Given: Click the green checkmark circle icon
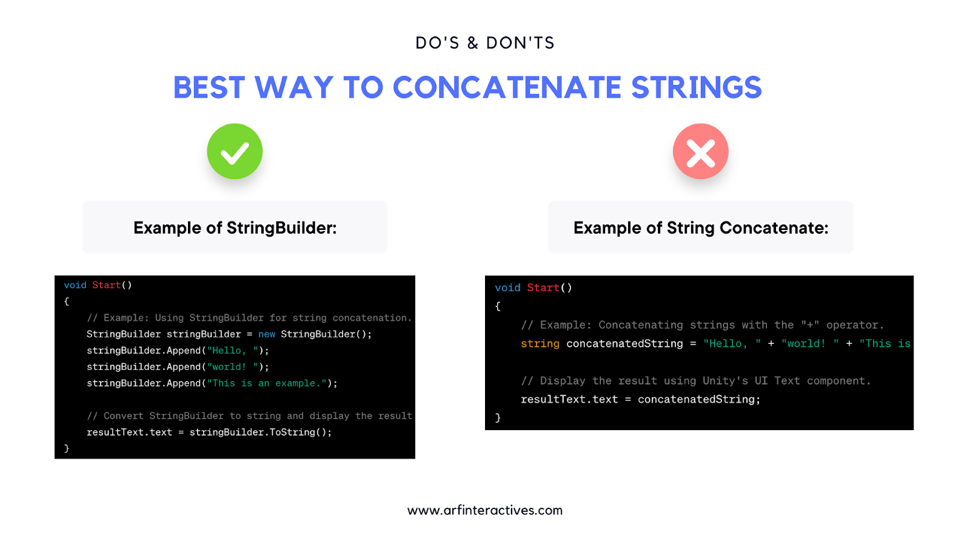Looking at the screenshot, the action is pyautogui.click(x=235, y=151).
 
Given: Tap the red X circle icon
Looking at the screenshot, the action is pyautogui.click(x=701, y=151).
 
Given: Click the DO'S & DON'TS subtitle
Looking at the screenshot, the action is pyautogui.click(x=485, y=43).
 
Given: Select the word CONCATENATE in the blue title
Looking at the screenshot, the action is pyautogui.click(x=507, y=87).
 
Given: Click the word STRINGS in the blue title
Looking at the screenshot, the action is pyautogui.click(x=697, y=87).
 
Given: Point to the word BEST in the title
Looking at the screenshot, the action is pyautogui.click(x=209, y=87).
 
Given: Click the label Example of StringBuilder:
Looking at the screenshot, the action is pyautogui.click(x=235, y=228).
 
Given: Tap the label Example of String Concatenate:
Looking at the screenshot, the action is pyautogui.click(x=701, y=228).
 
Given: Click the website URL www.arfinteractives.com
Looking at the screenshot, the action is pyautogui.click(x=485, y=510).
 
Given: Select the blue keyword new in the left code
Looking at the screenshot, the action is pyautogui.click(x=267, y=334).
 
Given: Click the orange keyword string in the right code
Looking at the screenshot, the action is pyautogui.click(x=540, y=343).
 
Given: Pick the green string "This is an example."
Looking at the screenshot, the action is pyautogui.click(x=267, y=383).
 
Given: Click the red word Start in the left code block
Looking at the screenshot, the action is pyautogui.click(x=107, y=285).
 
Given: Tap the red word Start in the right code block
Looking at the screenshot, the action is pyautogui.click(x=543, y=288).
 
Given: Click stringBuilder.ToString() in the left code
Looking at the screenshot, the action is pyautogui.click(x=261, y=432).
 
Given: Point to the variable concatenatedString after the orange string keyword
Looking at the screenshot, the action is pyautogui.click(x=624, y=343).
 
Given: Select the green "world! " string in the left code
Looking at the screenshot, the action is pyautogui.click(x=233, y=366).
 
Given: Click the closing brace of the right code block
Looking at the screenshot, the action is pyautogui.click(x=498, y=417).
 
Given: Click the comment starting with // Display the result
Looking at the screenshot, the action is pyautogui.click(x=696, y=381).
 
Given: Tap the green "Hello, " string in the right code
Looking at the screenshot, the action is pyautogui.click(x=732, y=343).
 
